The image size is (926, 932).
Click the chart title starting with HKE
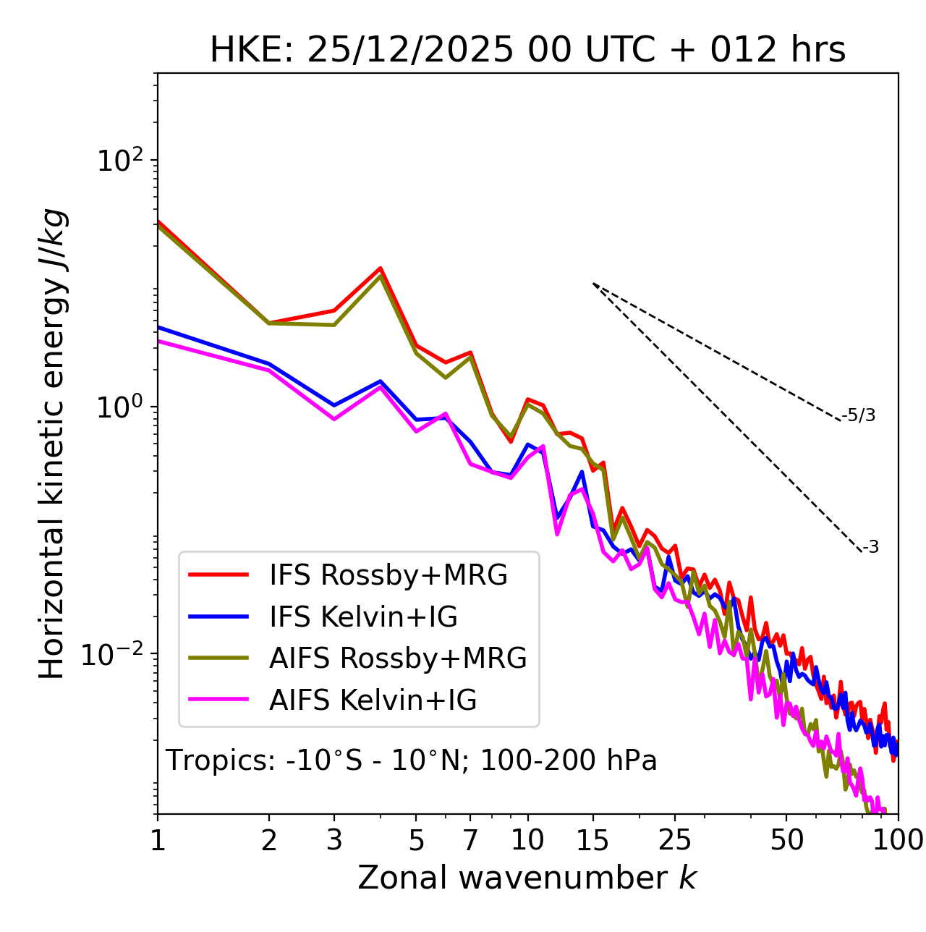pyautogui.click(x=527, y=50)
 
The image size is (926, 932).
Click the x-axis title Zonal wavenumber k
pyautogui.click(x=527, y=878)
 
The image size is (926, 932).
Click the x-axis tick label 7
pyautogui.click(x=470, y=840)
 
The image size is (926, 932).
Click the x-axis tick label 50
pyautogui.click(x=786, y=840)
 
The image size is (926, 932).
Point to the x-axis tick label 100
pyautogui.click(x=898, y=840)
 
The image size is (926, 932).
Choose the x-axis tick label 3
pyautogui.click(x=334, y=840)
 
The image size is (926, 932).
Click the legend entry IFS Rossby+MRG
pyautogui.click(x=388, y=575)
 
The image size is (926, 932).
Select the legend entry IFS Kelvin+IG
pyautogui.click(x=363, y=617)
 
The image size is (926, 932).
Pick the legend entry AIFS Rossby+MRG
pyautogui.click(x=398, y=658)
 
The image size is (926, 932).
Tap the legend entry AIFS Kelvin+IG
pyautogui.click(x=373, y=700)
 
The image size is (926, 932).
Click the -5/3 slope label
pyautogui.click(x=859, y=416)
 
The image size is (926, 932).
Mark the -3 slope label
pyautogui.click(x=870, y=548)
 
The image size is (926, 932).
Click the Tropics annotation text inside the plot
pyautogui.click(x=411, y=761)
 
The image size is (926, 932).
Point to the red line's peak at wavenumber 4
pyautogui.click(x=381, y=268)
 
